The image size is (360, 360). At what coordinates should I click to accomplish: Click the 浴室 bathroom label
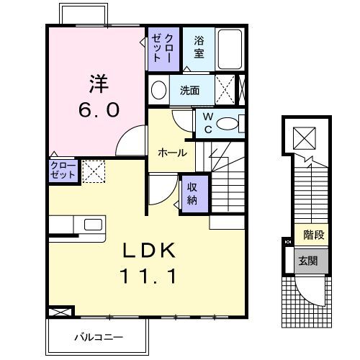198,48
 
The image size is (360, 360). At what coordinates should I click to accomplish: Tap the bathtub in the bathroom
230,49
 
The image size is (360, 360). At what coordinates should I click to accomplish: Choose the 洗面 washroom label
190,91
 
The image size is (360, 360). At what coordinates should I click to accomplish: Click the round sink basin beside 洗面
159,91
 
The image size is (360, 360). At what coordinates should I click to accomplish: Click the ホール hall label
173,153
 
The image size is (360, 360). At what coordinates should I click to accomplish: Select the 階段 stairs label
312,234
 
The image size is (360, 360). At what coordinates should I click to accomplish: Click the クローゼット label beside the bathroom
158,48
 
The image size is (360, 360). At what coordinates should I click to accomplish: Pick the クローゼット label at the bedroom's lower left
61,171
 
